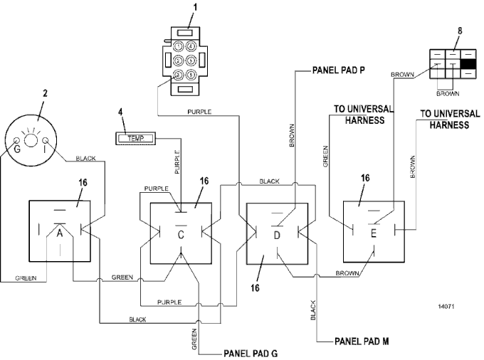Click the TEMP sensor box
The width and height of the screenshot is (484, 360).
(135, 137)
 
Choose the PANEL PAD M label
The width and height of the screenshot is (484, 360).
(361, 341)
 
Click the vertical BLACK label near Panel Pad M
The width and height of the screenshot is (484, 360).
(312, 310)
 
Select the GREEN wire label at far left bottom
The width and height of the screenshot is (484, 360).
(26, 279)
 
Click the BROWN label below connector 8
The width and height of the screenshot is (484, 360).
(447, 92)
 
